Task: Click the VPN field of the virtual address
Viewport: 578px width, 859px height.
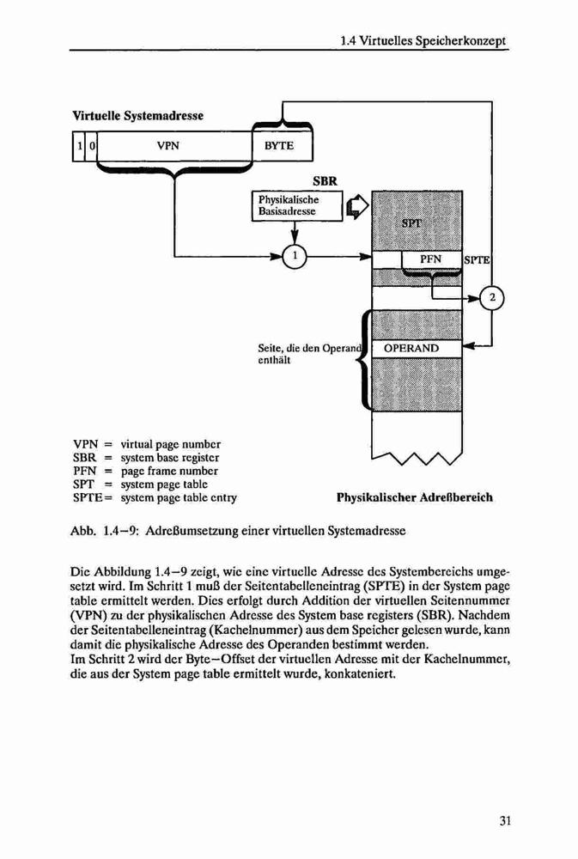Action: tap(173, 146)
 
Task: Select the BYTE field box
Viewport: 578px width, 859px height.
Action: tap(283, 146)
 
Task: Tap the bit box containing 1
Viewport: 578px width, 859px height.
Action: tap(79, 146)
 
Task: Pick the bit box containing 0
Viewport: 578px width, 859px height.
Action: tap(92, 146)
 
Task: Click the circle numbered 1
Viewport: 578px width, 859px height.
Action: tap(295, 256)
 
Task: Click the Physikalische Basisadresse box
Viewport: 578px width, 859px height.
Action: tap(297, 206)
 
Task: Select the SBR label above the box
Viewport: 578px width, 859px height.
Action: tap(325, 180)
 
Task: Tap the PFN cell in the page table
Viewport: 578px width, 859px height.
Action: tap(432, 259)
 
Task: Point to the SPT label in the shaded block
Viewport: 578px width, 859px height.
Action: tap(411, 223)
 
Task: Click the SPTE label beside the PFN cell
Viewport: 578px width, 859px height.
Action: tap(477, 260)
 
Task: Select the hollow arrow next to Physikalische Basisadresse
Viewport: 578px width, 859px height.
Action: tap(357, 206)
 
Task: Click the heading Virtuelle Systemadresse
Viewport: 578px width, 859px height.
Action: tap(137, 116)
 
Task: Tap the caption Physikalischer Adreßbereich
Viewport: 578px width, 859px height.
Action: tap(415, 498)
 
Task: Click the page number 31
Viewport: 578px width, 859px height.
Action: tap(505, 820)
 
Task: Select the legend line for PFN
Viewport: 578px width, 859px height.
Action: tap(145, 471)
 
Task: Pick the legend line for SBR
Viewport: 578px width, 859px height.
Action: tap(146, 458)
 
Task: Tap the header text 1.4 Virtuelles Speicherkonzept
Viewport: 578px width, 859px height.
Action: tap(423, 41)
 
